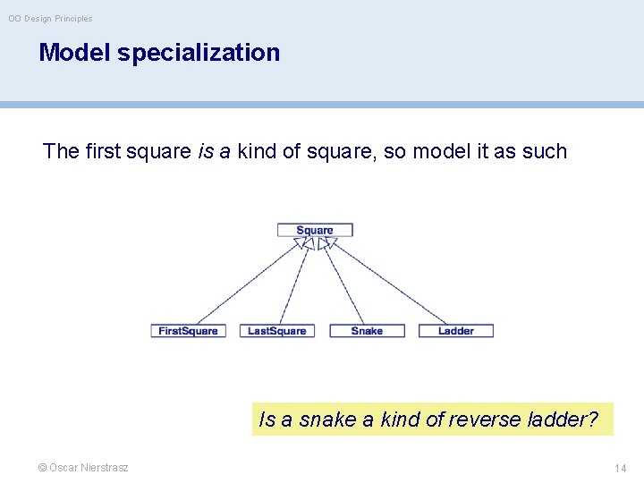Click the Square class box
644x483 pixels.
(315, 230)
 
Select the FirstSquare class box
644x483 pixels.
(188, 331)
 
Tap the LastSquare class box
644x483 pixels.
(276, 331)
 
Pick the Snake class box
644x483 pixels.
(367, 331)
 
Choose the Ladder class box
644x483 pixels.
(456, 331)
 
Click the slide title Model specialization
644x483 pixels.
(159, 53)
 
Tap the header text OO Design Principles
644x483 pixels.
(50, 18)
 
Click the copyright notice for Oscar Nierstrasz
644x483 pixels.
(83, 467)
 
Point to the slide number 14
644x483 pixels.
(620, 468)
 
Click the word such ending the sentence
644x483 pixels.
(545, 151)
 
